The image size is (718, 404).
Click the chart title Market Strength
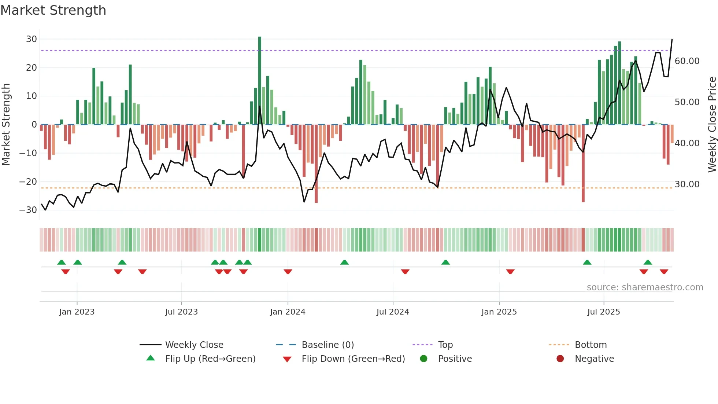click(x=53, y=10)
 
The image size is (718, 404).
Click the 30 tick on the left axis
click(x=32, y=39)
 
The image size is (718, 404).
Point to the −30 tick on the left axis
click(x=28, y=210)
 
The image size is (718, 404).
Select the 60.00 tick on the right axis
click(x=687, y=61)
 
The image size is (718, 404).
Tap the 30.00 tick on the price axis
click(x=687, y=184)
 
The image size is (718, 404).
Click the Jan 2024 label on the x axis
click(x=288, y=312)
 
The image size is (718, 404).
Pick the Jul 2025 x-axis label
click(x=603, y=312)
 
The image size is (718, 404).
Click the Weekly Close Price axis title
click(x=712, y=125)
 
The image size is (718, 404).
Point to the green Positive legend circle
click(x=424, y=359)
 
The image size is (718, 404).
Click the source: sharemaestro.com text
click(x=645, y=287)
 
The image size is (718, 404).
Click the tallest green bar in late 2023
click(x=260, y=81)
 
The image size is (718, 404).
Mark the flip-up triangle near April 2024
click(x=344, y=262)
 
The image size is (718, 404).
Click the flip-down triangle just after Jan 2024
click(x=288, y=272)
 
